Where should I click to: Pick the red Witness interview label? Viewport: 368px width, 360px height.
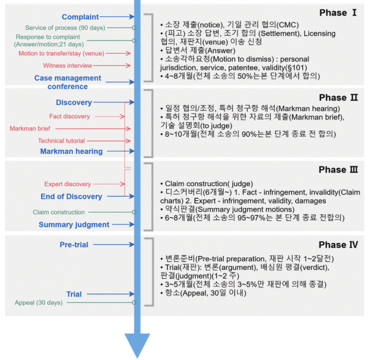click(68, 66)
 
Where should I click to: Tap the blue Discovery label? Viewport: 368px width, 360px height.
click(74, 102)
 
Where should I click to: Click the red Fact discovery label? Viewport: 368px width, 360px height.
click(69, 116)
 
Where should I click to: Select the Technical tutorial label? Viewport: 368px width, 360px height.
click(61, 140)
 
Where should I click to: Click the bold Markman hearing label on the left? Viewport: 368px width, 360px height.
click(71, 151)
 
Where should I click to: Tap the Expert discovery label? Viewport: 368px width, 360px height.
click(67, 184)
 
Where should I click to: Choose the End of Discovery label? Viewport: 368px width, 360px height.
click(71, 196)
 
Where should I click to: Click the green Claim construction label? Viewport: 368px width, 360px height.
click(59, 212)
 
